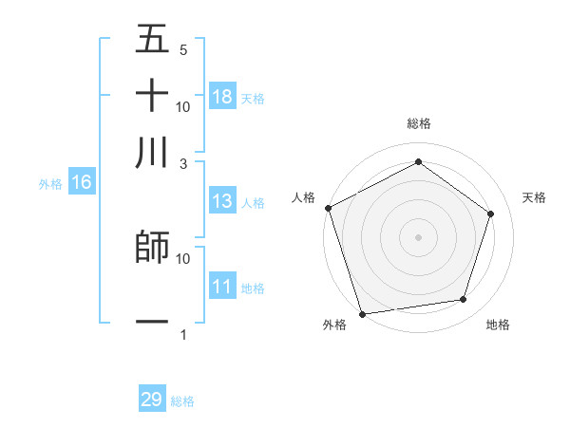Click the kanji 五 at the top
click(152, 40)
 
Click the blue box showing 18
click(222, 97)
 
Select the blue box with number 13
click(222, 201)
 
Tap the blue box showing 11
click(222, 287)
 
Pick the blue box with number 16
click(82, 183)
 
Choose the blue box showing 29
click(152, 400)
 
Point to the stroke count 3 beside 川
click(184, 162)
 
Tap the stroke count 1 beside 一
click(183, 334)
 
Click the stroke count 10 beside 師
click(183, 258)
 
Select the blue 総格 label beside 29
click(182, 401)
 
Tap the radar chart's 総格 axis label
click(418, 123)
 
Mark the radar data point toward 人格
click(329, 208)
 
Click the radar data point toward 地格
click(463, 300)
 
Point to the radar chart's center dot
click(418, 236)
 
